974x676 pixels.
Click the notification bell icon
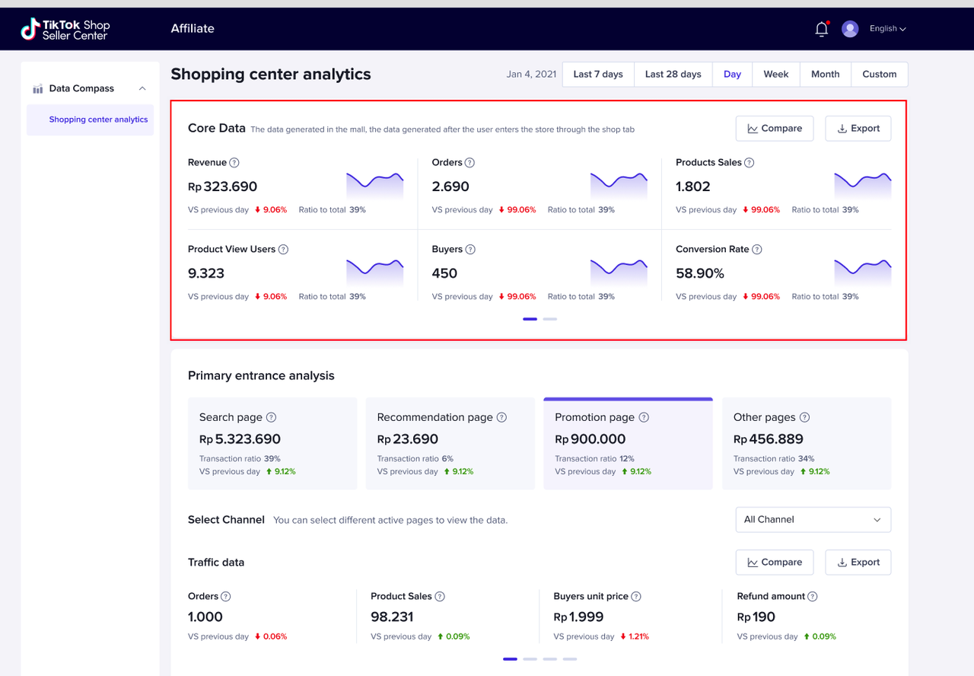(x=821, y=29)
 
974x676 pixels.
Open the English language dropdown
(x=887, y=29)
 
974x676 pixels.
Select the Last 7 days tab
(x=598, y=75)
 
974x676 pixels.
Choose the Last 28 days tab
(x=673, y=75)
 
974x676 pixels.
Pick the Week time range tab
(x=775, y=75)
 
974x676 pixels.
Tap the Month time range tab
(x=825, y=75)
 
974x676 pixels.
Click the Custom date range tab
(x=879, y=75)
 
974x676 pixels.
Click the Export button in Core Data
(x=858, y=129)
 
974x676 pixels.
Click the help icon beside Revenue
(x=234, y=163)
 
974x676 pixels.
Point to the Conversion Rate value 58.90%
(x=700, y=273)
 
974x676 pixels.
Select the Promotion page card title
(x=594, y=417)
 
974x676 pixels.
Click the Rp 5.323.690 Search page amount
(x=240, y=439)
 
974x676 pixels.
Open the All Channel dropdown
(x=813, y=520)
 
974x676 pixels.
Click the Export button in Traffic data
(x=858, y=563)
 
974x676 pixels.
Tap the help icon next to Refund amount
(x=813, y=597)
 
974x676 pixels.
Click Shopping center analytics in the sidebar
(x=98, y=120)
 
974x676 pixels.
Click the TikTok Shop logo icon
(x=30, y=29)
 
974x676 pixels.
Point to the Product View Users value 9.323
(x=206, y=273)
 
